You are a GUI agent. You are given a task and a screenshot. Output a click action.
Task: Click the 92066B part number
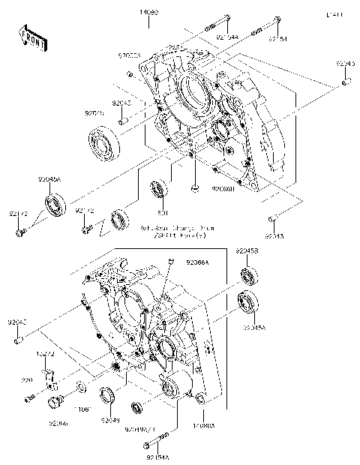(223, 190)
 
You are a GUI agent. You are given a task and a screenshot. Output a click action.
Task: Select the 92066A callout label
(196, 262)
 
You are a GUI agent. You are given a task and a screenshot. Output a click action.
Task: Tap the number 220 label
(27, 380)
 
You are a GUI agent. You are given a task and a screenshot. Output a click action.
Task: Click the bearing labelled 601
(158, 190)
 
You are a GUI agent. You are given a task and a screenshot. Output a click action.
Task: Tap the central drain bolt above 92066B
(195, 187)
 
